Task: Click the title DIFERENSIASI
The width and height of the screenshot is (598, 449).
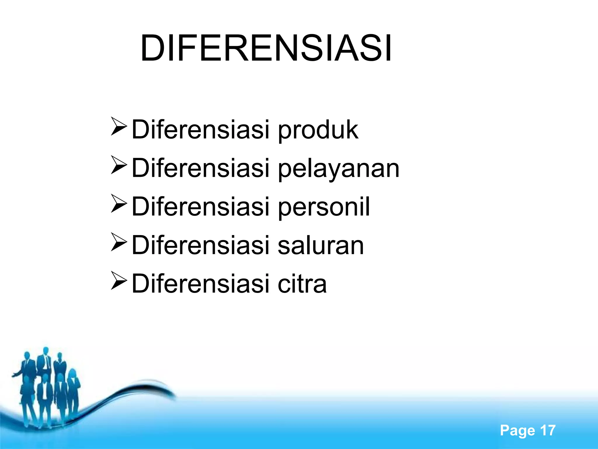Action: click(x=266, y=49)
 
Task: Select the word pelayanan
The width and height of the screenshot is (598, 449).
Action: click(x=338, y=169)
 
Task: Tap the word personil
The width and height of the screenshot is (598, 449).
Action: click(x=324, y=207)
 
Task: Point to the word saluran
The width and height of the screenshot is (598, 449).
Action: click(x=321, y=245)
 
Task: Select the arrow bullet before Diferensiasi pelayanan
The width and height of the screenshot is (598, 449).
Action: click(x=119, y=165)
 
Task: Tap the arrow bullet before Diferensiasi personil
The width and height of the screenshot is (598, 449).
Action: click(x=119, y=204)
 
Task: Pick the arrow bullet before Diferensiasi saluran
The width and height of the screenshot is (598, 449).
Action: click(x=119, y=242)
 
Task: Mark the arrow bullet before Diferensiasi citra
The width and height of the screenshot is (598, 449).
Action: click(x=119, y=281)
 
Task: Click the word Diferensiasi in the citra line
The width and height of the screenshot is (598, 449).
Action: click(x=200, y=283)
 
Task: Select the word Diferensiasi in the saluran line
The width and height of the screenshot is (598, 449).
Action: click(x=200, y=245)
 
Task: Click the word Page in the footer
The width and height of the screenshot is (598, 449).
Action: click(x=517, y=431)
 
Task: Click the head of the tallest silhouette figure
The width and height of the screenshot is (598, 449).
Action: click(x=46, y=350)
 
